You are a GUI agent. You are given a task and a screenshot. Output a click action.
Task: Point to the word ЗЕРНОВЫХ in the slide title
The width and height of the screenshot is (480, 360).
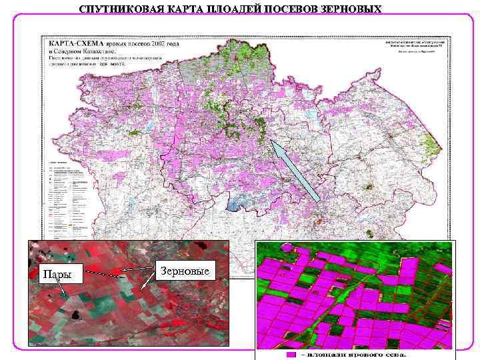tap(353, 9)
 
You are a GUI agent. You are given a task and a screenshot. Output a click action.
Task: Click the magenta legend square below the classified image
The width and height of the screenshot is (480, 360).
tap(291, 354)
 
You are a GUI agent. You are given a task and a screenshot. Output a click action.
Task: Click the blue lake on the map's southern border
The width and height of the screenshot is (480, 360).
tap(235, 203)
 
